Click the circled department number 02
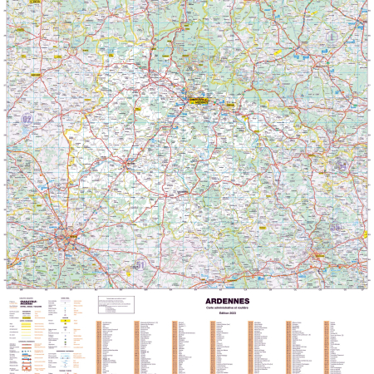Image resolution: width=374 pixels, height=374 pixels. click(27, 120)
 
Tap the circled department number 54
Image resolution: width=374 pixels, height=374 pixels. click(342, 165)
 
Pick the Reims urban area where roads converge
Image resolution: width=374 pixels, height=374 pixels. click(67, 242)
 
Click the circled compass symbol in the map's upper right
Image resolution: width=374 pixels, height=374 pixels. click(332, 37)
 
